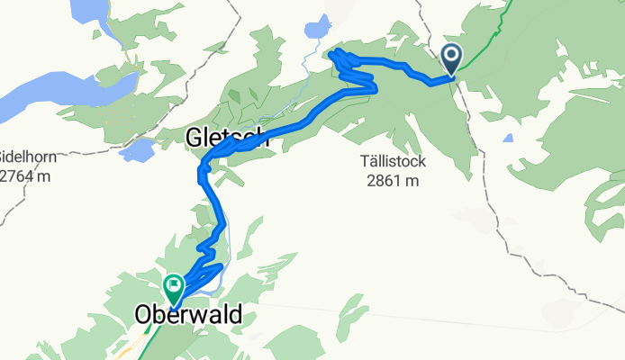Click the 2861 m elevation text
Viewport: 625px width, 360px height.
(x=394, y=180)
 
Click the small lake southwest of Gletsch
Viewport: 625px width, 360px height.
(x=137, y=149)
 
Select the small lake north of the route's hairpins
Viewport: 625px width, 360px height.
(x=317, y=27)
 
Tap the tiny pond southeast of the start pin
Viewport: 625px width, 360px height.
(x=509, y=139)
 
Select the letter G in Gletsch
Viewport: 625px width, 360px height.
(x=195, y=138)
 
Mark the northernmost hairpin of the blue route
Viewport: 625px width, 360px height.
(x=337, y=56)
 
